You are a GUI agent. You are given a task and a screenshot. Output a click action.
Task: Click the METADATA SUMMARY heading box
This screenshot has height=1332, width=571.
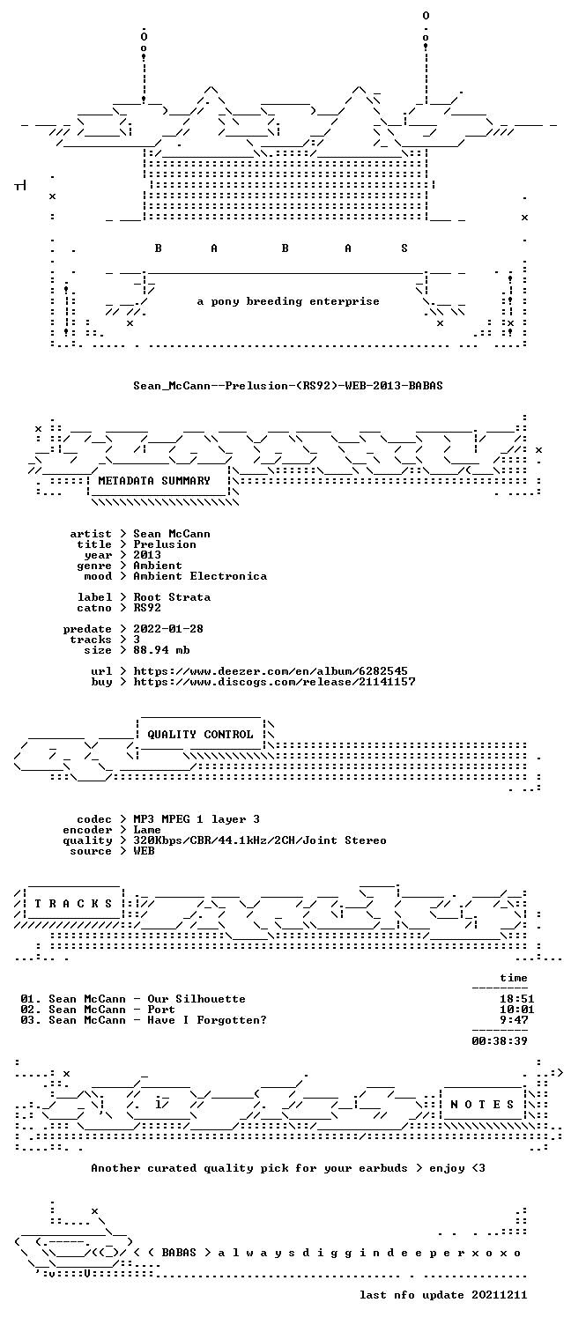tap(154, 481)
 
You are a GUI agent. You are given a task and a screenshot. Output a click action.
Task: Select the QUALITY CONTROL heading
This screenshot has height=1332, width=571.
tap(200, 735)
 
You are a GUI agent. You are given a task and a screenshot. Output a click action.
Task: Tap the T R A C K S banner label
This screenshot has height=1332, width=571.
tap(73, 904)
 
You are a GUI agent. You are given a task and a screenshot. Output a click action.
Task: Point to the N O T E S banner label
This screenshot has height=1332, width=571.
tap(482, 1104)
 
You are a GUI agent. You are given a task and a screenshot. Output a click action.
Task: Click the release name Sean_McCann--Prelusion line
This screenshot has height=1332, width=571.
tap(288, 386)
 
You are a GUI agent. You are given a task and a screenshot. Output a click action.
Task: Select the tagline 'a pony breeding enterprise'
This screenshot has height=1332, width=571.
tap(288, 301)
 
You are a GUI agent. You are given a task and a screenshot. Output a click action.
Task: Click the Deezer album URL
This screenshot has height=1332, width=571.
tap(271, 671)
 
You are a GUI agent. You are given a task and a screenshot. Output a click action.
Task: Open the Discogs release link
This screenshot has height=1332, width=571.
tap(274, 682)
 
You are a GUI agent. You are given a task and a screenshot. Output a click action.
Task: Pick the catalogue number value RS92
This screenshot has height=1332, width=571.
tap(147, 608)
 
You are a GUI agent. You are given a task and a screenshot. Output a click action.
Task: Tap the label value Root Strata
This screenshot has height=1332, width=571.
tap(172, 597)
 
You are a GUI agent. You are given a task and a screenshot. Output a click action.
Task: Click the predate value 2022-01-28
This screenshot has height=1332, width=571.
tap(168, 629)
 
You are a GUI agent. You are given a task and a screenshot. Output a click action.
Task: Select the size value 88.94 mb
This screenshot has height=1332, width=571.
tap(161, 650)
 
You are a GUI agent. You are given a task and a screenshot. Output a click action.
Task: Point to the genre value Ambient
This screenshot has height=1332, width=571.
tap(158, 566)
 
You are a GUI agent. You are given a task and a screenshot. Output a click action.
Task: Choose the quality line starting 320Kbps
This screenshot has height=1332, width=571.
tap(260, 840)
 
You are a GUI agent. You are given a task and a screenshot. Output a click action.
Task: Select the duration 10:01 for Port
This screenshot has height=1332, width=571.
tap(517, 1010)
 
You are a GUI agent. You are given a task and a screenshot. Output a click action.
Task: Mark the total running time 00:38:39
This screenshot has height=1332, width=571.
tap(500, 1041)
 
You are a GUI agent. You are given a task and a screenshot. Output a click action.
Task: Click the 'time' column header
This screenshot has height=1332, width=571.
tap(514, 978)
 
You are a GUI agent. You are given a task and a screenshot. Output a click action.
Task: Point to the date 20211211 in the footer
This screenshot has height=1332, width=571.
tap(500, 1295)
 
